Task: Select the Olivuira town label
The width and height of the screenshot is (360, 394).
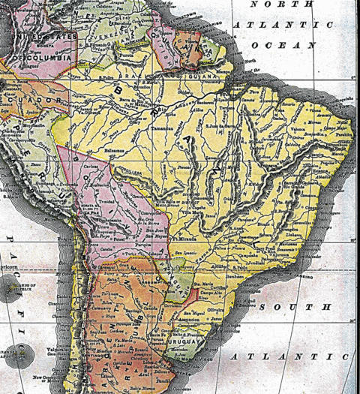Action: tap(239, 307)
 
